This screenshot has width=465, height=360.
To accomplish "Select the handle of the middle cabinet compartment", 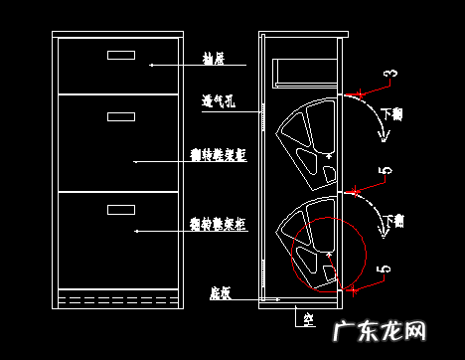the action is (x=119, y=117).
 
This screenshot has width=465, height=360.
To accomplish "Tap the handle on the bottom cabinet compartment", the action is (x=119, y=209).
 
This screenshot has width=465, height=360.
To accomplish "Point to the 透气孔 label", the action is (x=218, y=99).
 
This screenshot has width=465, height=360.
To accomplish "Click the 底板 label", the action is (x=221, y=293).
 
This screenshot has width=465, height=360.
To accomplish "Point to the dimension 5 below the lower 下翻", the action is (x=386, y=268).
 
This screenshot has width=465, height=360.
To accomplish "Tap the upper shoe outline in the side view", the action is (x=306, y=147).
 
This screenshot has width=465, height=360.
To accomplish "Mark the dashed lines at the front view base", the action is (x=117, y=297).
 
